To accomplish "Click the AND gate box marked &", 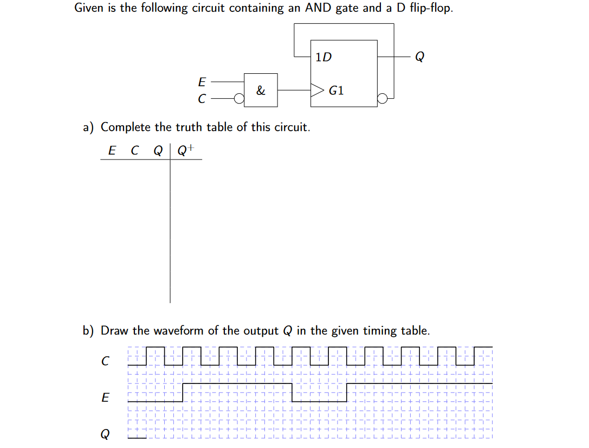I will [261, 90].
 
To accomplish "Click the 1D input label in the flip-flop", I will [323, 56].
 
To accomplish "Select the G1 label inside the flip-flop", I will [336, 91].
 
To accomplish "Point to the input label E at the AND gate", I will [202, 82].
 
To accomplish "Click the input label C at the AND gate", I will [202, 99].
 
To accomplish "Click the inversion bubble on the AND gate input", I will [238, 99].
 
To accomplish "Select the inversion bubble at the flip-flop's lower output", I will [383, 99].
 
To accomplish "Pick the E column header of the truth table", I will [112, 151].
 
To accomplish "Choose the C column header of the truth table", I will [134, 151].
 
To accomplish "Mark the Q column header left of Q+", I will [158, 151].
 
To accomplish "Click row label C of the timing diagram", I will [106, 360].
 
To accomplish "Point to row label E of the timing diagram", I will [106, 398].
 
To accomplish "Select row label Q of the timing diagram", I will [106, 434].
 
